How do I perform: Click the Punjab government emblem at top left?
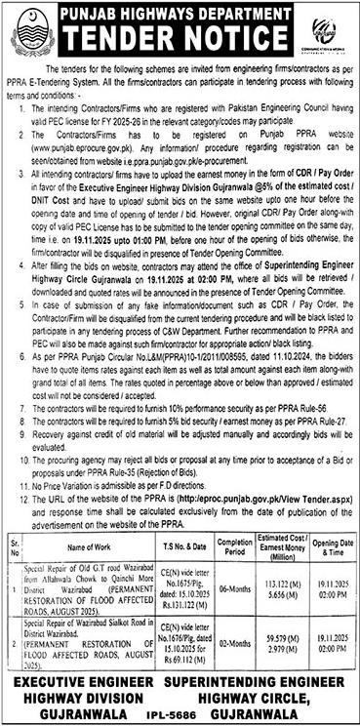(32, 32)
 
